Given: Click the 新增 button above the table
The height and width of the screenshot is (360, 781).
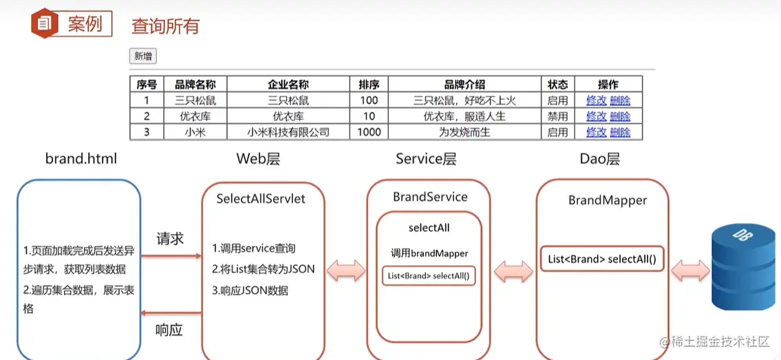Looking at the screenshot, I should pos(143,56).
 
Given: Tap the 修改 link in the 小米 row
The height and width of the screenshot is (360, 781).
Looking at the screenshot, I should pos(596,132).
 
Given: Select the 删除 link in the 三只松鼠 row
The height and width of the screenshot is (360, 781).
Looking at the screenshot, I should pos(620,100).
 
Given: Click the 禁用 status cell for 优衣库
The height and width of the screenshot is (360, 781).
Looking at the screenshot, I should pos(557,116).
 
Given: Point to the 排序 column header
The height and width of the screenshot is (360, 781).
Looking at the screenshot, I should pos(369,85).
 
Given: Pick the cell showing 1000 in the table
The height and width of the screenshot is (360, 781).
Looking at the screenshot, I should pos(369,132).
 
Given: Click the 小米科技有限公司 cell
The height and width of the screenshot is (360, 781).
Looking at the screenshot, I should pos(288,132).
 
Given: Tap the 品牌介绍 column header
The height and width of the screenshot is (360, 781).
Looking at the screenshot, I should pos(464,85).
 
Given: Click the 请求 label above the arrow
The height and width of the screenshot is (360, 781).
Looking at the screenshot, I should pos(170,239).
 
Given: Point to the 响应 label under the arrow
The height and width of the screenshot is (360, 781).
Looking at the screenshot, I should pos(169,330).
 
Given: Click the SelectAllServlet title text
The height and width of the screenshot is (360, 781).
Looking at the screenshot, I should pos(261,199).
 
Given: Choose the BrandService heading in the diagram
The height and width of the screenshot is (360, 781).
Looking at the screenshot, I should pos(430,197).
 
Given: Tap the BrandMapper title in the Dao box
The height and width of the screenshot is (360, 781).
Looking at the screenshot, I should pos(608,200).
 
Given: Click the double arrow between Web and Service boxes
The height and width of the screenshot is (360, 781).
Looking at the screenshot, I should pos(346,271).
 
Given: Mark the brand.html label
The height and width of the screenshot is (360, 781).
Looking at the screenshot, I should pos(81,159).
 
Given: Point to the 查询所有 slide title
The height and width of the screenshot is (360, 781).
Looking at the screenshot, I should pos(165,26).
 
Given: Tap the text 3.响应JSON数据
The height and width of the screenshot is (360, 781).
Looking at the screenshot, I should pos(250,290).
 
